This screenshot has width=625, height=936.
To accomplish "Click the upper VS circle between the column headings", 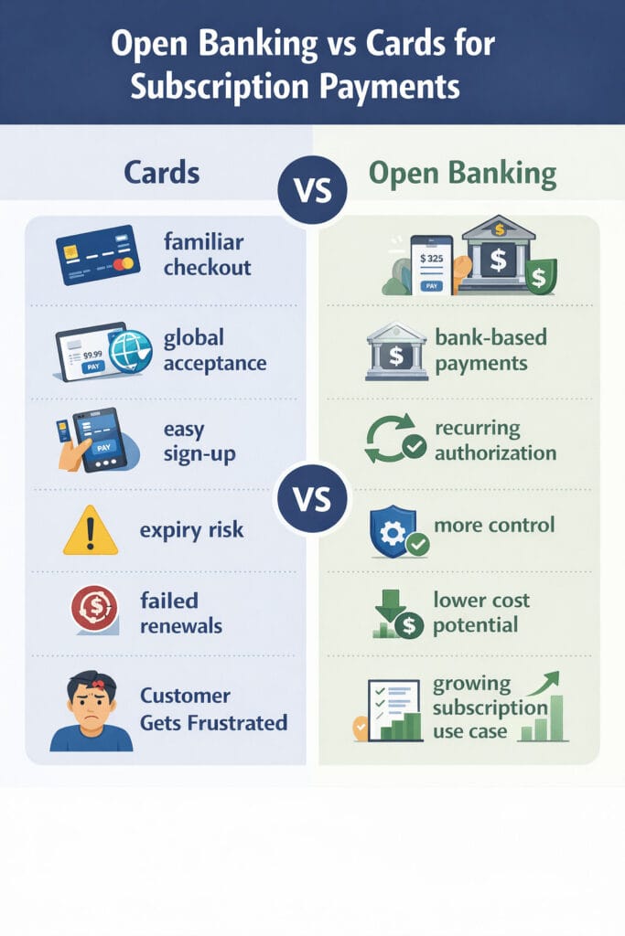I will click(314, 190).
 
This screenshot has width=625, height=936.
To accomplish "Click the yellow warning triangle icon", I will click(91, 531).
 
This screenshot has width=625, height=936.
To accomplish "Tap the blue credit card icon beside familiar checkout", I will click(98, 255).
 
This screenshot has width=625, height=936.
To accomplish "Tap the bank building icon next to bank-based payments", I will click(396, 351).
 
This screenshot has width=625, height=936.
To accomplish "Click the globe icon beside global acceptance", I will click(129, 352).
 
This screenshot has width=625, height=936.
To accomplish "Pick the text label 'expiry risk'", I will click(192, 529).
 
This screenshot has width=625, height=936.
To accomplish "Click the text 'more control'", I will click(494, 526).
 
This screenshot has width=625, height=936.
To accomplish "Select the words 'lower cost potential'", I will click(482, 612).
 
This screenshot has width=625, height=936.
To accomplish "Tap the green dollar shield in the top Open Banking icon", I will click(541, 275).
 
